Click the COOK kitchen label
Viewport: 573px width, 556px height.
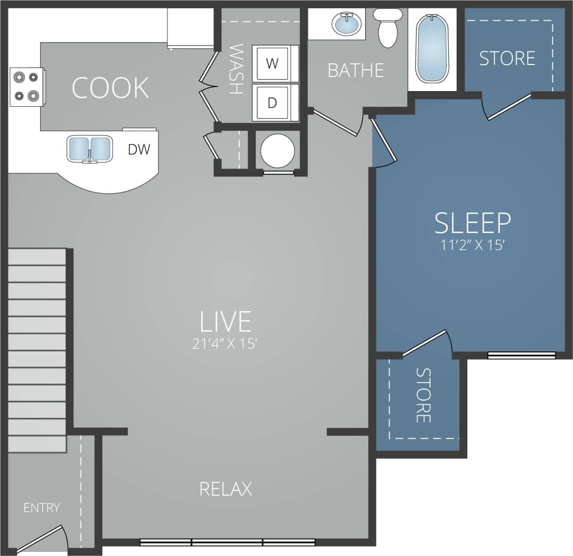[x=110, y=88]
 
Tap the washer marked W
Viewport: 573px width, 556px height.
[x=272, y=63]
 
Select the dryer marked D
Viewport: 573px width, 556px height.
[x=272, y=103]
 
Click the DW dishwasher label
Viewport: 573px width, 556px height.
[x=139, y=149]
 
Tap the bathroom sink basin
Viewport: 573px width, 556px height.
[x=347, y=23]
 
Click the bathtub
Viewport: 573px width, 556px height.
[x=432, y=48]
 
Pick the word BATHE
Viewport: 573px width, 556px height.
[x=356, y=71]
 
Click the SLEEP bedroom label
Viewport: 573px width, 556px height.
[x=472, y=222]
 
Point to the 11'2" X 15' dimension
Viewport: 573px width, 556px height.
[x=473, y=245]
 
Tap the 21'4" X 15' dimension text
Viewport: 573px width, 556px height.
[x=224, y=344]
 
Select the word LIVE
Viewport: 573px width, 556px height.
[x=226, y=321]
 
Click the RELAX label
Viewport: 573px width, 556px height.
[x=226, y=489]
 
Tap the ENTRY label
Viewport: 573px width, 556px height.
[x=42, y=508]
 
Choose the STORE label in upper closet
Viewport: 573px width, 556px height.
[x=507, y=59]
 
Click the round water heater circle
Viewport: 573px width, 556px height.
[x=278, y=151]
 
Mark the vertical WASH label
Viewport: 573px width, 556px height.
[x=236, y=69]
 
